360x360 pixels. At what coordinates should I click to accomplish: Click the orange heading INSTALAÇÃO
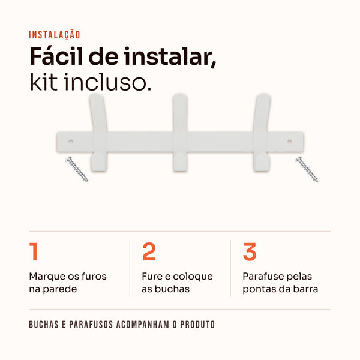coord(55,35)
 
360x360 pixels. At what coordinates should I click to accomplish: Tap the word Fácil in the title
coord(56,56)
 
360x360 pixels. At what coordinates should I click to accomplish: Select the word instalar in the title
coord(170,57)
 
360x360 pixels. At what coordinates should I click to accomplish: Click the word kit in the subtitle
coord(44,82)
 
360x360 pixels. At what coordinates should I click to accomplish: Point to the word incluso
coord(107,82)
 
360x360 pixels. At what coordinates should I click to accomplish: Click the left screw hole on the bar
coord(71,142)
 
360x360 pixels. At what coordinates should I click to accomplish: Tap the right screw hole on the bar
coord(290,142)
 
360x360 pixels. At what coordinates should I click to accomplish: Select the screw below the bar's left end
coord(77,169)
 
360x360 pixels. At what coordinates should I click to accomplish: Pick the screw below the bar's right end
coord(307,169)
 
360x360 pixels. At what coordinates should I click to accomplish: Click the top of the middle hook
coord(180,95)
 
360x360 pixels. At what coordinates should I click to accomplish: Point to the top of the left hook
coord(97,95)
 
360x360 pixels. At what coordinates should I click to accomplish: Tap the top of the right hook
coord(263,95)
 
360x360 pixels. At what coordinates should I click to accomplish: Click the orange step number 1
coord(34,251)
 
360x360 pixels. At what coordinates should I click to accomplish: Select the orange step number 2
coord(149,251)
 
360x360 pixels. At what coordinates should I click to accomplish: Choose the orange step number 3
coord(250,252)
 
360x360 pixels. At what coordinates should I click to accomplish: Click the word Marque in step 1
coord(47,277)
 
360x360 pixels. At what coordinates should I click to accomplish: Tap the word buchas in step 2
coord(172,289)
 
